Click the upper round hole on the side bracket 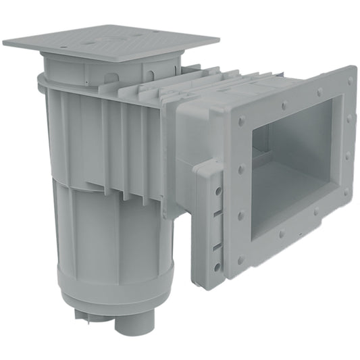coord(218,192)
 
